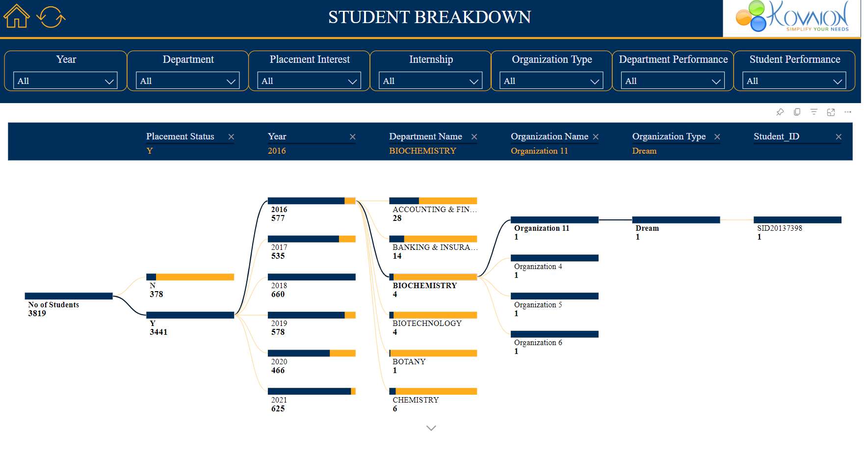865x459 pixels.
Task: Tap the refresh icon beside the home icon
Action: [x=51, y=17]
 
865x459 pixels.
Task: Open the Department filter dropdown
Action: [x=187, y=81]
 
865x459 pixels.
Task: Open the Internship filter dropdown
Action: [x=430, y=81]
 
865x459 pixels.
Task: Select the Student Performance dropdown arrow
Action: [x=838, y=81]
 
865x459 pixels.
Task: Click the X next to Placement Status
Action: [x=231, y=137]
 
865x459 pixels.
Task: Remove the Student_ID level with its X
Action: [x=839, y=137]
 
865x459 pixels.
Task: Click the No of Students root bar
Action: [x=69, y=296]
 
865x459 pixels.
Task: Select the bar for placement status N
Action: [x=190, y=277]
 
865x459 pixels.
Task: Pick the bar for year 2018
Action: [x=312, y=277]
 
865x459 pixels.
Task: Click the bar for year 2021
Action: [x=312, y=391]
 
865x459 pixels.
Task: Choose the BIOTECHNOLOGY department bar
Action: [x=433, y=315]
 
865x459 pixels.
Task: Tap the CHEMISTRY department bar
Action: [x=433, y=391]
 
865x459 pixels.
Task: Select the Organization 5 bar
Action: [x=554, y=296]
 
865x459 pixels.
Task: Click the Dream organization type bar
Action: [x=676, y=220]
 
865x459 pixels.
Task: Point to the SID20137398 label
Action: [x=780, y=228]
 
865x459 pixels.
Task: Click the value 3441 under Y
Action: [x=158, y=332]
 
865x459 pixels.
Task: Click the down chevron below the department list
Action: [x=431, y=428]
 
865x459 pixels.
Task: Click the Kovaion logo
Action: [x=792, y=18]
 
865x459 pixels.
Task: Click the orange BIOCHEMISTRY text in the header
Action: [x=422, y=151]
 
